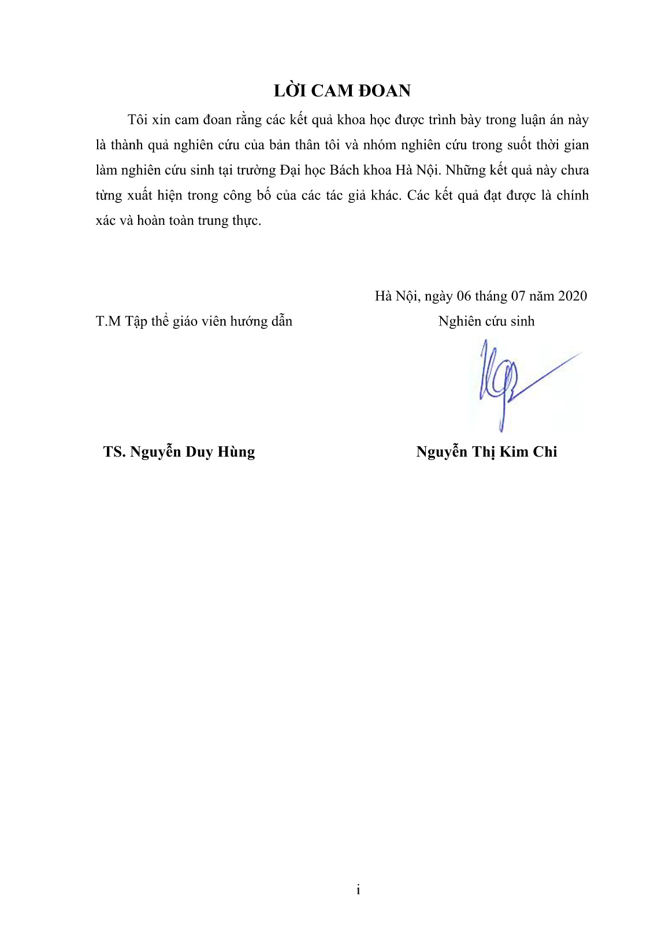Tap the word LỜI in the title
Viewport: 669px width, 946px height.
pyautogui.click(x=289, y=91)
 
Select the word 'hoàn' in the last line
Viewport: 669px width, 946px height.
pyautogui.click(x=151, y=221)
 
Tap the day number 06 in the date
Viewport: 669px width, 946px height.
pyautogui.click(x=464, y=296)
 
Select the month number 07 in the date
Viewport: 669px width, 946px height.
pyautogui.click(x=517, y=296)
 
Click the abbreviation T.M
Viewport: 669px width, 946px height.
pyautogui.click(x=108, y=321)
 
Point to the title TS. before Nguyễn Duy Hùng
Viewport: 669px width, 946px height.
pyautogui.click(x=114, y=452)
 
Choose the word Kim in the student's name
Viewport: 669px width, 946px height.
pyautogui.click(x=514, y=452)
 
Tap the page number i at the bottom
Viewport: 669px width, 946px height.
pyautogui.click(x=358, y=890)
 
